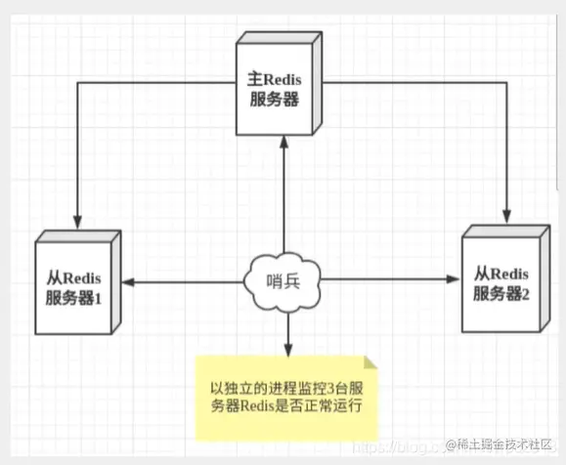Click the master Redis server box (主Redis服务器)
[282, 86]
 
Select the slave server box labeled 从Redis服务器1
[77, 283]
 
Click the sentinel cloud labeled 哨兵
[283, 282]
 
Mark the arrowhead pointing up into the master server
[283, 141]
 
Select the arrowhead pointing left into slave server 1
[127, 283]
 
